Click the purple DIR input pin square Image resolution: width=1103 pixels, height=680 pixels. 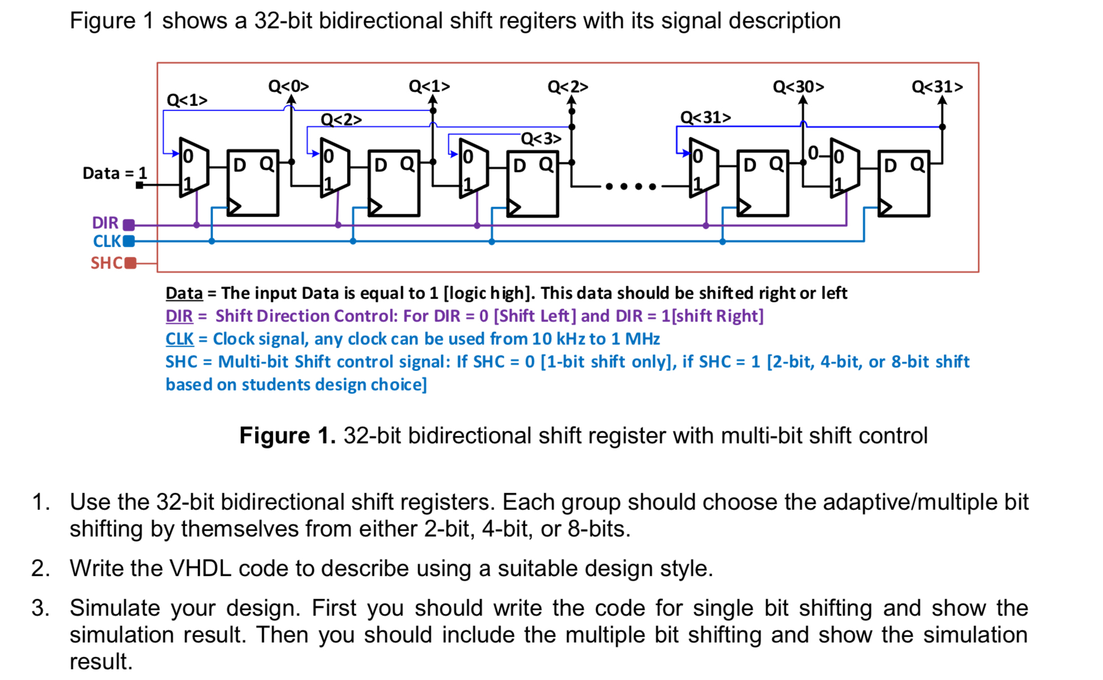point(129,225)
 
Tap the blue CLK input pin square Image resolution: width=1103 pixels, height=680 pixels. point(129,241)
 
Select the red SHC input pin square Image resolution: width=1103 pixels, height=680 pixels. point(130,263)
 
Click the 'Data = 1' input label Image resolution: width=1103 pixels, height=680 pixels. point(114,173)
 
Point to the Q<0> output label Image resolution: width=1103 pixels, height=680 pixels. point(288,86)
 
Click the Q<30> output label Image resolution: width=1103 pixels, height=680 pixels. point(798,87)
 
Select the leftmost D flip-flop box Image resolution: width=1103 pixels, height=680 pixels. point(253,182)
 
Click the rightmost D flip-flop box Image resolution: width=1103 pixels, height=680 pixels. point(903,183)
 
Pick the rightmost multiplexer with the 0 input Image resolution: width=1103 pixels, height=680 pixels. point(844,168)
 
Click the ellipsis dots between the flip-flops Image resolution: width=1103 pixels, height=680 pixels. point(631,186)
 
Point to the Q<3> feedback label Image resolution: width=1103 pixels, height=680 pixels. point(541,139)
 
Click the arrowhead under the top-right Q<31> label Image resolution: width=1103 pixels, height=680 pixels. point(942,100)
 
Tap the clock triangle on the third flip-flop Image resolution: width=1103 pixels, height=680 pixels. point(514,208)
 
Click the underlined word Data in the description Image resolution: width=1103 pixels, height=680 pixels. point(184,293)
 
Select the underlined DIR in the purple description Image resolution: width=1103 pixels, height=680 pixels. point(179,316)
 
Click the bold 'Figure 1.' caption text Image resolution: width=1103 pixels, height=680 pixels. point(287,436)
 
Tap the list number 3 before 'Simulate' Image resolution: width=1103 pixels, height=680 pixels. point(40,608)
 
